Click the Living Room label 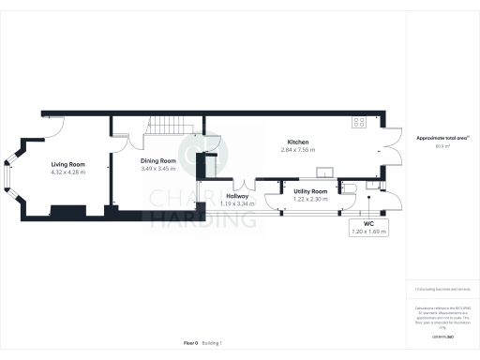click(x=68, y=164)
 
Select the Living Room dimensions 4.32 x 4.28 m click(x=68, y=172)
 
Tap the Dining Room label click(x=158, y=160)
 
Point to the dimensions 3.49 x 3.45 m click(x=158, y=169)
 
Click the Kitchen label click(x=298, y=142)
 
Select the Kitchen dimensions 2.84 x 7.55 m click(x=298, y=150)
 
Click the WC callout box click(x=367, y=227)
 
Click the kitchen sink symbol click(x=326, y=172)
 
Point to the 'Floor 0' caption click(x=190, y=343)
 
